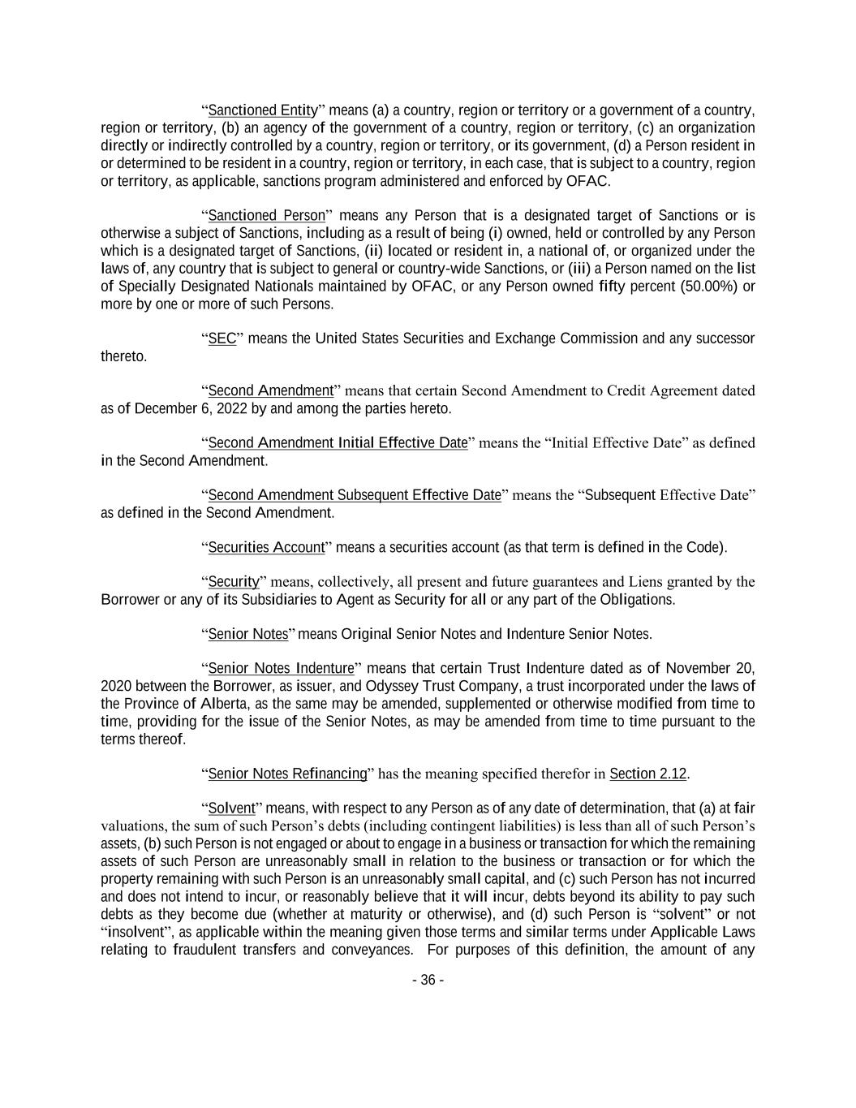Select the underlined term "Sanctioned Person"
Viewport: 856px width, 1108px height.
click(266, 216)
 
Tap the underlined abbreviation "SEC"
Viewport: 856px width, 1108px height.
click(222, 338)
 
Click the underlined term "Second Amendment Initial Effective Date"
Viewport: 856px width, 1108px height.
click(338, 443)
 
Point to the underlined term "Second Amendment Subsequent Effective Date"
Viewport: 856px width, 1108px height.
click(355, 495)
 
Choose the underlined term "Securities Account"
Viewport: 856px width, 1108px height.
click(266, 547)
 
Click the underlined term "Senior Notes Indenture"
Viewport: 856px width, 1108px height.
click(281, 669)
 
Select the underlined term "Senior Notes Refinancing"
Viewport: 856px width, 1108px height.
click(287, 774)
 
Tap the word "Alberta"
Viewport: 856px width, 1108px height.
click(226, 704)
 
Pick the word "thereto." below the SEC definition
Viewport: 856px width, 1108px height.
click(123, 356)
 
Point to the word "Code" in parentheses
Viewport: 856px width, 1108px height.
click(703, 547)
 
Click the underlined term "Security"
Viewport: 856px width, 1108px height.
click(233, 582)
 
